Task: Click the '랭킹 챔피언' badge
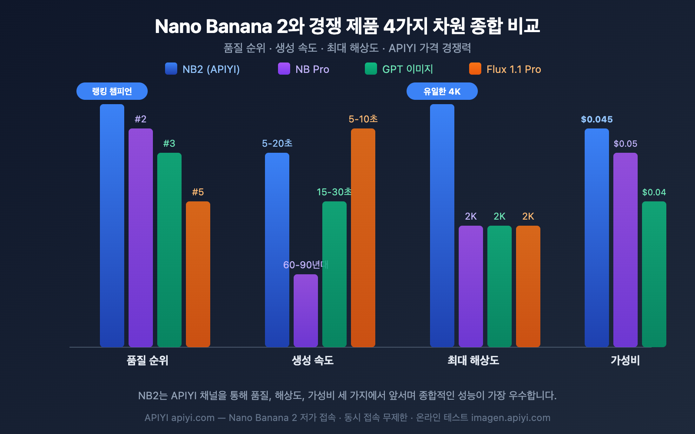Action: click(112, 91)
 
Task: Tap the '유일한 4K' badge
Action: click(442, 91)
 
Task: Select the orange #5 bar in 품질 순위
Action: click(198, 273)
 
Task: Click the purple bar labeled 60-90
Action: click(306, 310)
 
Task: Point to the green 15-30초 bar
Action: click(334, 273)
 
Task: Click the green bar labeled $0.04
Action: click(654, 273)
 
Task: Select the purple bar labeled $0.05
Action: click(625, 250)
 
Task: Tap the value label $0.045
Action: click(597, 119)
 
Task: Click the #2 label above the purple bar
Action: click(140, 119)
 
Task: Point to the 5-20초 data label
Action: click(277, 143)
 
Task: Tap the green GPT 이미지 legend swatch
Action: click(371, 69)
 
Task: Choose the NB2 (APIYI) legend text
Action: click(211, 69)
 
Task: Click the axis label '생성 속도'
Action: click(313, 360)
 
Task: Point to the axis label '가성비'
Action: click(625, 360)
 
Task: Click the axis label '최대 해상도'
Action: click(473, 360)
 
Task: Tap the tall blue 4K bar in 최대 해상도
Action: click(442, 226)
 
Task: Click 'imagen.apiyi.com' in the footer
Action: click(511, 418)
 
